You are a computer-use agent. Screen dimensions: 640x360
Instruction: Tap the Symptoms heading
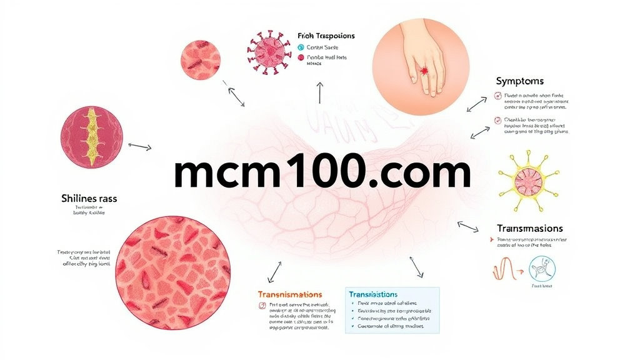point(519,81)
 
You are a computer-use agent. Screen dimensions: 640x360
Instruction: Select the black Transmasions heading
point(529,229)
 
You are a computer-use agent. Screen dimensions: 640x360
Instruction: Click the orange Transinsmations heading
point(290,294)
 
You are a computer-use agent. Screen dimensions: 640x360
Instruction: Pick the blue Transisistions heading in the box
point(373,294)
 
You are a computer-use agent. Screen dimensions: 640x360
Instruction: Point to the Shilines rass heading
point(89,199)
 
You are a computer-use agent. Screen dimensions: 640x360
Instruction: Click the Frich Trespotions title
point(326,36)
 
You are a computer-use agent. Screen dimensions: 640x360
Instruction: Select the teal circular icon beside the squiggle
point(541,268)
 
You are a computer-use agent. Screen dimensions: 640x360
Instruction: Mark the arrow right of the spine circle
point(139,147)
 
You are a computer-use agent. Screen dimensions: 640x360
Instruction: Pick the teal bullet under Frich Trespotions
point(301,47)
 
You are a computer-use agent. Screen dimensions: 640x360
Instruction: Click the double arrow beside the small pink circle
point(236,96)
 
